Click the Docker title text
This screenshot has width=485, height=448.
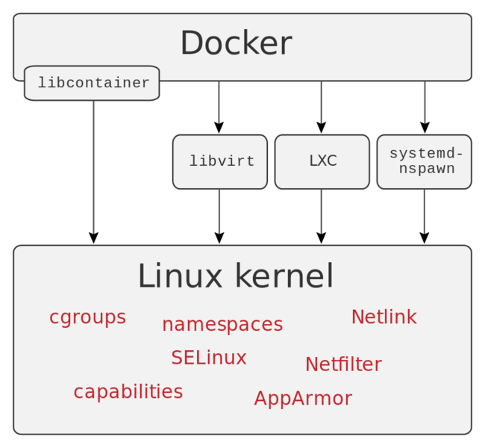point(236,43)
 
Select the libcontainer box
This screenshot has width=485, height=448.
point(92,83)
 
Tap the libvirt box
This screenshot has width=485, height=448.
point(220,161)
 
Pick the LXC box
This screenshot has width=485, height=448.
point(322,161)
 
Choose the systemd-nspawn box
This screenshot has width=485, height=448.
point(424,161)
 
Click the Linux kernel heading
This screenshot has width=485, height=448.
point(235,276)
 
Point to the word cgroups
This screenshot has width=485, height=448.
point(87,317)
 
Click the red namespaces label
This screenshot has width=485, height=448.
point(222,324)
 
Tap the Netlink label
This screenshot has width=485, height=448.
point(384,317)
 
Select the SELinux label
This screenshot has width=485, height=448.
point(208,358)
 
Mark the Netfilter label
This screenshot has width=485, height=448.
point(343,364)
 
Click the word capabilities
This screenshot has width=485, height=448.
point(128,391)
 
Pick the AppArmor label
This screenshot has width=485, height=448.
point(302,398)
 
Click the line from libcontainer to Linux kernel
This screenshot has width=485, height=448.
point(93,167)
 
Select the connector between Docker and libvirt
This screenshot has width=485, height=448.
point(219,102)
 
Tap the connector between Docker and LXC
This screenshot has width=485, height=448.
point(321,102)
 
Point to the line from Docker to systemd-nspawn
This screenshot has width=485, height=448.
point(424,102)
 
